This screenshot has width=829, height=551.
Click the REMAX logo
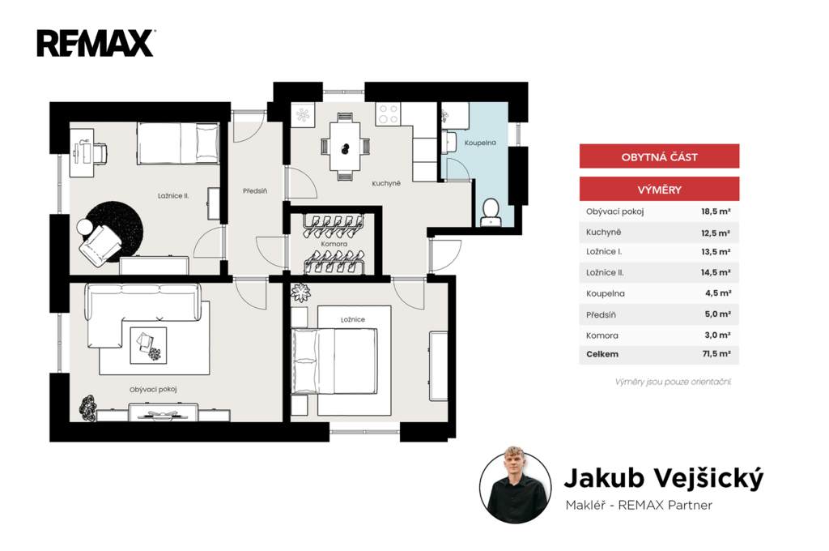[x=96, y=43]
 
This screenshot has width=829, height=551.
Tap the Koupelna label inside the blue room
[x=480, y=143]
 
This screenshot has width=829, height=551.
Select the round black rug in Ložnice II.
[x=113, y=231]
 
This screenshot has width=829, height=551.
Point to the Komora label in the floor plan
[x=334, y=244]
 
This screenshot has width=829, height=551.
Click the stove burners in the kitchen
[x=388, y=113]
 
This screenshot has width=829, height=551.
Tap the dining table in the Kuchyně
[x=345, y=147]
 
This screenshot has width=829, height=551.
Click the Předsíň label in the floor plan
[x=255, y=190]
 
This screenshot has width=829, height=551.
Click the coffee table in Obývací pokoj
[x=149, y=345]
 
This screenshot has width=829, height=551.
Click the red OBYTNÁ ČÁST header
[x=659, y=156]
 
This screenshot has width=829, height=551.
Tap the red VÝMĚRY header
[x=659, y=190]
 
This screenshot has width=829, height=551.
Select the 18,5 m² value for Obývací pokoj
[x=716, y=211]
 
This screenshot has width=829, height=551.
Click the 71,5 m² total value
[x=716, y=353]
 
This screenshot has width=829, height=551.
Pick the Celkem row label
[x=602, y=354]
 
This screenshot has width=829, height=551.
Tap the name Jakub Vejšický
[x=664, y=478]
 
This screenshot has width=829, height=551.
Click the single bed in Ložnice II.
[x=178, y=143]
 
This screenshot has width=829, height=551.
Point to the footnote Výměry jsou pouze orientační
[x=673, y=382]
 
